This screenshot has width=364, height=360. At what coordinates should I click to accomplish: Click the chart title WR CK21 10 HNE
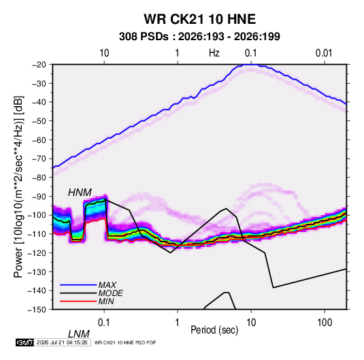199,19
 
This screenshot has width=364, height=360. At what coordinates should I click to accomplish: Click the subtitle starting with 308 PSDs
199,37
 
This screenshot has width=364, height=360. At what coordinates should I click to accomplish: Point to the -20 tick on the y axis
39,65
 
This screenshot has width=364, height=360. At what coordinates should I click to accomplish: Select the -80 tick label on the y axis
39,178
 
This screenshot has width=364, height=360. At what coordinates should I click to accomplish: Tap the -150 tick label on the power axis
37,310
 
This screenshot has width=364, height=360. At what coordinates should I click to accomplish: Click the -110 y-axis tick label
37,234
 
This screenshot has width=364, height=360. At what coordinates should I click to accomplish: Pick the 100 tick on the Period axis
325,323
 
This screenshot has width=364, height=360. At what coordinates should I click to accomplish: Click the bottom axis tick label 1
177,323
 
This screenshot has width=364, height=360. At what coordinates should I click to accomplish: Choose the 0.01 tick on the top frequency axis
324,53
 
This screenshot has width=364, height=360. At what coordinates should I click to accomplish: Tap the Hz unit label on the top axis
214,53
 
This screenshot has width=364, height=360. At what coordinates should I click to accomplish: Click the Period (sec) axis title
214,330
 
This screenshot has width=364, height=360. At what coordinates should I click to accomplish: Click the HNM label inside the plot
80,193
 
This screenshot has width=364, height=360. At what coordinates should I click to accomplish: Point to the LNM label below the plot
78,334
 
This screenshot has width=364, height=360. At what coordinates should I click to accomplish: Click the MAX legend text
107,285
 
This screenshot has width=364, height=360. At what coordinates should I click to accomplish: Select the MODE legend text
110,293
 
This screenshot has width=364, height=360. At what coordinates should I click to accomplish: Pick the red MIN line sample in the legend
78,301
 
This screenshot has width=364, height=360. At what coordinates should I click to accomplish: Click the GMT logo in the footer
24,342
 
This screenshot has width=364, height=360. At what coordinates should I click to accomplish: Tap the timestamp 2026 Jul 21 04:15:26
62,342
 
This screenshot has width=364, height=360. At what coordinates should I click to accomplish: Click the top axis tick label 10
104,53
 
